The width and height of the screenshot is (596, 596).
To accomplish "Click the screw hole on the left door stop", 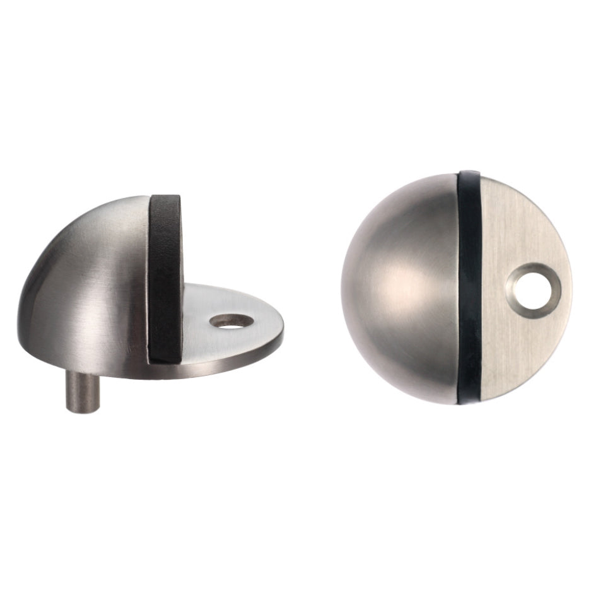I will click(231, 320).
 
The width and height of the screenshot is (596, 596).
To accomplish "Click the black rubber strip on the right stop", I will click(470, 284).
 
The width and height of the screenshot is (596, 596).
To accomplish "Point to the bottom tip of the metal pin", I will click(76, 408).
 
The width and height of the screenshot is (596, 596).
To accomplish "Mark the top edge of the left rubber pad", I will click(165, 197).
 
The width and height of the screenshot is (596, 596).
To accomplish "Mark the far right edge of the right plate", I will click(570, 284).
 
